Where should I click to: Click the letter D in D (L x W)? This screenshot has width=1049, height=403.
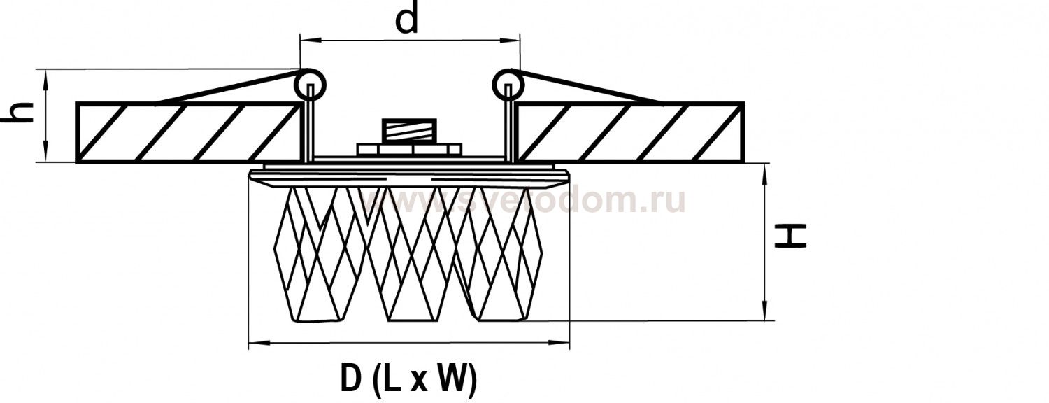(350, 379)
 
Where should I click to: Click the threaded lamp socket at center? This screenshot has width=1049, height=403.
(409, 130)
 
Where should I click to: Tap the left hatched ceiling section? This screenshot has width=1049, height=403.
(188, 133)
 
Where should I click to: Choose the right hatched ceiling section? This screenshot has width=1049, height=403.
(630, 133)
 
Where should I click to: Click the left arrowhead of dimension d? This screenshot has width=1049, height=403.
(306, 41)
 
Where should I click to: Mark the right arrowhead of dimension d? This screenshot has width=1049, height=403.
(513, 41)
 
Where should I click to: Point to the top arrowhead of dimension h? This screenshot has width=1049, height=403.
(45, 78)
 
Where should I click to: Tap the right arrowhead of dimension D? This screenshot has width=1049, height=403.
(562, 344)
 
